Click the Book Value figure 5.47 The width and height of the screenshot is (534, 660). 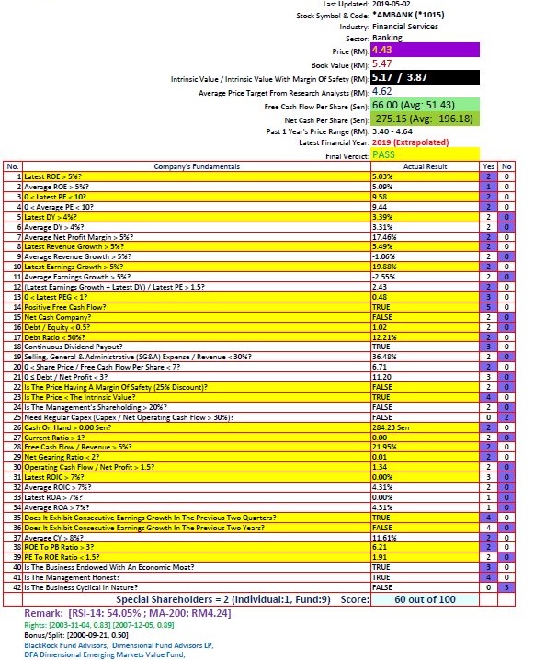382,64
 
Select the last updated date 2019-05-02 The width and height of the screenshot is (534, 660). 396,5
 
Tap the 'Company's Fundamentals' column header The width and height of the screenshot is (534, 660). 196,166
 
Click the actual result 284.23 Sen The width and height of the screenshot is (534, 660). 393,427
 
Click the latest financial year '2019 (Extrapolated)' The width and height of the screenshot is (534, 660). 410,142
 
